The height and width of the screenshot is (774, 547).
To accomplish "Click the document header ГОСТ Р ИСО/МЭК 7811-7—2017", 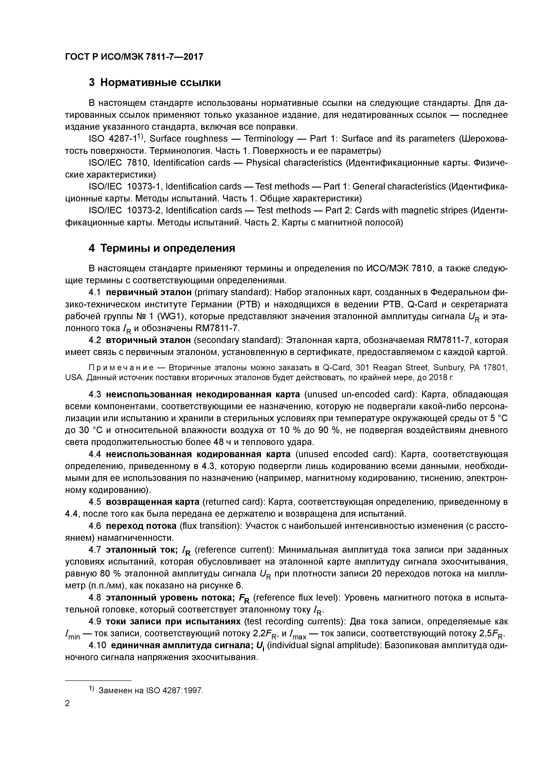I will click(134, 57).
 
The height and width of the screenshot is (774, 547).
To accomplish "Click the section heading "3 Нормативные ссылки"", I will click(155, 82).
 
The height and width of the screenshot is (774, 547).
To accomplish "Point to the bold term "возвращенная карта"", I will click(153, 502).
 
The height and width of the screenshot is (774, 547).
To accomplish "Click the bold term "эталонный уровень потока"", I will click(170, 598).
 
